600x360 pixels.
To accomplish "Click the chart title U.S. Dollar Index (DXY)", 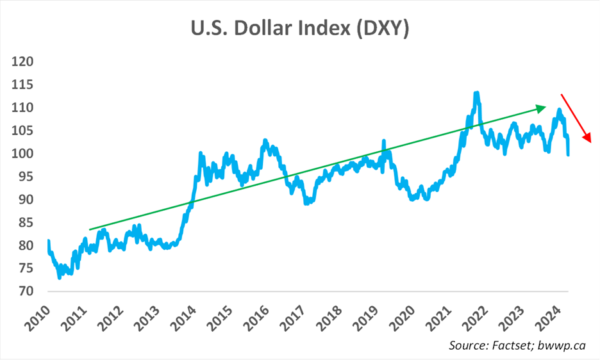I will (301, 29).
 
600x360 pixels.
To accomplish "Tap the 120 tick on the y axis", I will (22, 62).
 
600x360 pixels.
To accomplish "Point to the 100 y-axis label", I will (22, 154).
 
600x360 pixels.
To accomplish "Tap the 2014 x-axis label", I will (188, 315).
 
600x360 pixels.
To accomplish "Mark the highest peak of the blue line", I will (476, 93).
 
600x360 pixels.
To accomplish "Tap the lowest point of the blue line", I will (60, 277).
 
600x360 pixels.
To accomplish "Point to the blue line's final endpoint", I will (569, 154).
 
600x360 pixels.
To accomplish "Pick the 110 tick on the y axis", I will (22, 108).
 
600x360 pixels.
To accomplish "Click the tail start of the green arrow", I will (90, 229).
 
